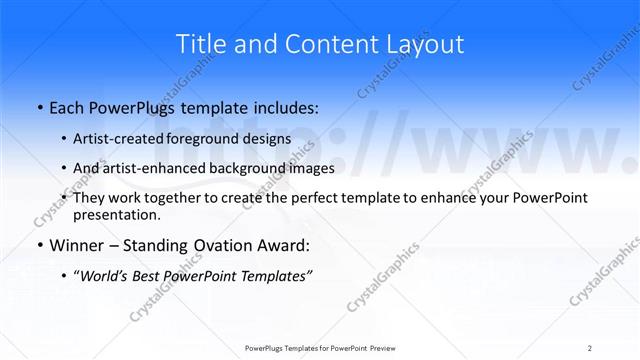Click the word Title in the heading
(x=200, y=44)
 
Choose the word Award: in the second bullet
(x=284, y=246)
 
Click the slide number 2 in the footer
(x=590, y=348)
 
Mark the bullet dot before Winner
(x=39, y=247)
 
